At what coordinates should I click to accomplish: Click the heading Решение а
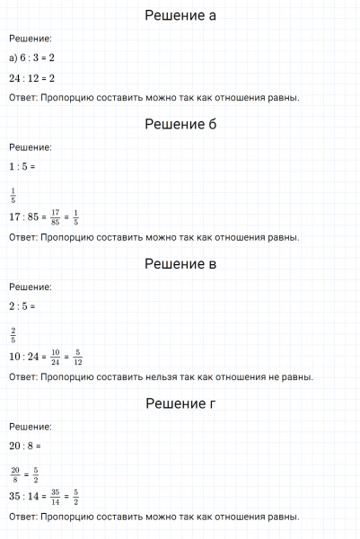coord(180,16)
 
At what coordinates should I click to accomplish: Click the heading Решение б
coord(180,125)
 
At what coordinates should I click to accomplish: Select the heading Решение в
coord(180,264)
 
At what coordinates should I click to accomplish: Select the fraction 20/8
coord(15,473)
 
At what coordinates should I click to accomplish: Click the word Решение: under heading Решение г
coord(30,426)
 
